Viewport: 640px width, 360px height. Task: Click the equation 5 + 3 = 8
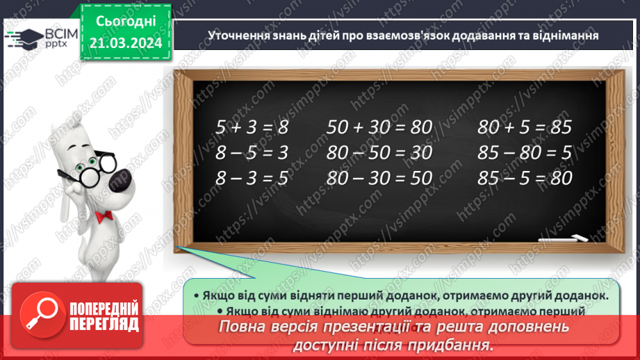[x=251, y=127]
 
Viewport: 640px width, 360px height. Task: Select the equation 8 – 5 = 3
[x=251, y=152]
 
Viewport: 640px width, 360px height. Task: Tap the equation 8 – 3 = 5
[x=251, y=178]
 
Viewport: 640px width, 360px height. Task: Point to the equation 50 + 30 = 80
[x=379, y=127]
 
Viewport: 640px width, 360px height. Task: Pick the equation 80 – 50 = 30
[x=379, y=152]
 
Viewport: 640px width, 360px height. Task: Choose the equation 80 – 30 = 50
[x=379, y=178]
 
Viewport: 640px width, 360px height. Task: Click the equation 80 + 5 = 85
[x=524, y=127]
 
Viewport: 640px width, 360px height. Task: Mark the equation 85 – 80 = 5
[x=524, y=152]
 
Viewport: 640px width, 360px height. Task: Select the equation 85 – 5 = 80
[x=524, y=178]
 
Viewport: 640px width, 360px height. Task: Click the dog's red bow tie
[x=104, y=217]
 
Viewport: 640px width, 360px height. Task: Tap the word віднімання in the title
[x=566, y=34]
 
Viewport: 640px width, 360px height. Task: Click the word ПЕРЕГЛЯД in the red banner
[x=104, y=324]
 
